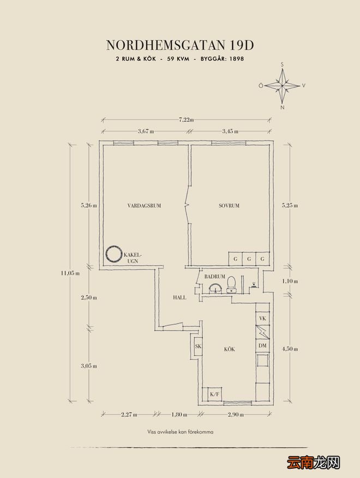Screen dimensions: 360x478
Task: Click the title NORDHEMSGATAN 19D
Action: click(x=180, y=45)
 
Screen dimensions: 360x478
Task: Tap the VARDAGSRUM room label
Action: click(x=144, y=206)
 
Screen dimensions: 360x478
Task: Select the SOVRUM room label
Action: click(x=229, y=206)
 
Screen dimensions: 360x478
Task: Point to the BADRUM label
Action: click(x=214, y=277)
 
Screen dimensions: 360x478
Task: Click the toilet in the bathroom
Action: click(x=232, y=284)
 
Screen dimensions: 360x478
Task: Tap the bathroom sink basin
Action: click(x=216, y=288)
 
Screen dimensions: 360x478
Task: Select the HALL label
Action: click(x=179, y=297)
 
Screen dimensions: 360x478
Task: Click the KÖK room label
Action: click(x=230, y=349)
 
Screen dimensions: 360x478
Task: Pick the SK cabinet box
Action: click(x=198, y=346)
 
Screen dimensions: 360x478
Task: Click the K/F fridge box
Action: click(x=214, y=394)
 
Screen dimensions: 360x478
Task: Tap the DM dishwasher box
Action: click(x=262, y=346)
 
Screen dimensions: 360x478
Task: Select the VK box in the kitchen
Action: click(x=262, y=319)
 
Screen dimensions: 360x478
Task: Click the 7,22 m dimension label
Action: click(x=186, y=120)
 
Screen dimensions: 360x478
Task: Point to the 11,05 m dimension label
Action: click(x=70, y=273)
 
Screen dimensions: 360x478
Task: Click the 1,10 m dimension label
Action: click(x=290, y=282)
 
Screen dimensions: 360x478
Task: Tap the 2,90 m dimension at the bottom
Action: click(x=236, y=415)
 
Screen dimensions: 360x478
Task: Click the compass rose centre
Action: click(x=282, y=86)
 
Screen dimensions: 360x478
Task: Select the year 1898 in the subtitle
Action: click(x=237, y=59)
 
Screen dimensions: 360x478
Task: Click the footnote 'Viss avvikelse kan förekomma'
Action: click(x=180, y=432)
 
